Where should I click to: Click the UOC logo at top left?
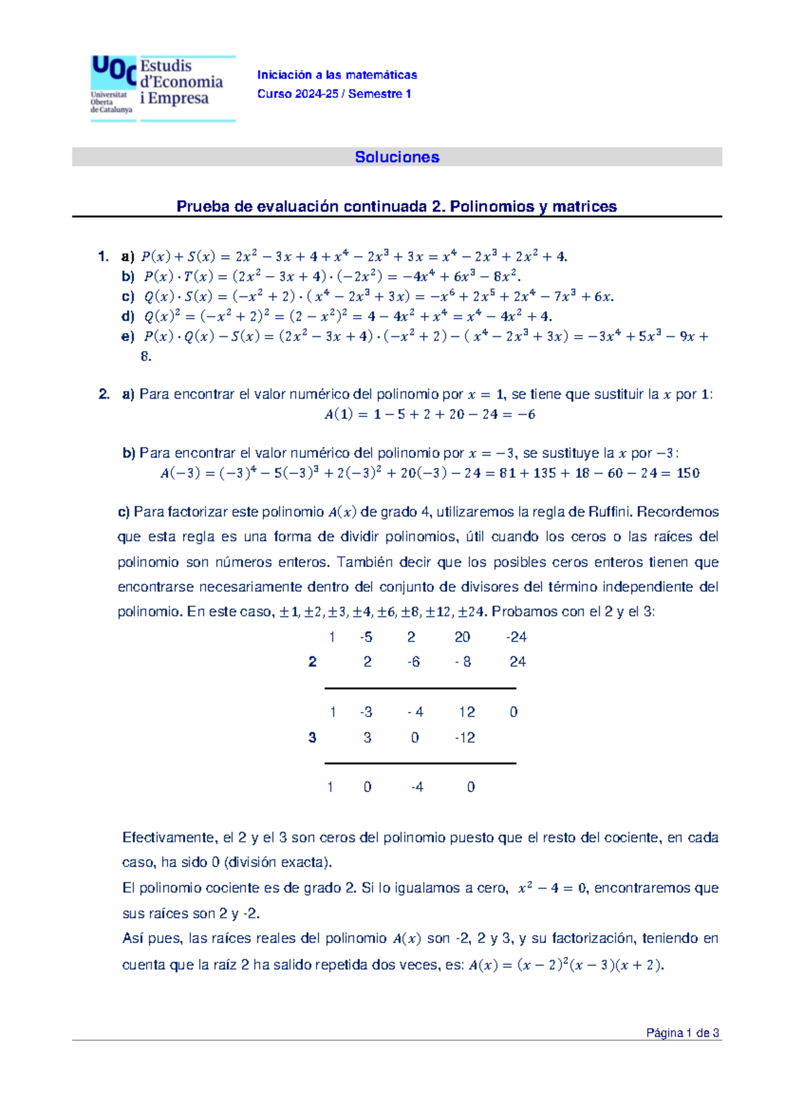(x=113, y=85)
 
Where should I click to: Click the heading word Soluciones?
(x=396, y=157)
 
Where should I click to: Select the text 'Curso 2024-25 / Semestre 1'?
(x=334, y=94)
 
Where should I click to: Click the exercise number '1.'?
(x=103, y=257)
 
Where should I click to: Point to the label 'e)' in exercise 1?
(x=128, y=336)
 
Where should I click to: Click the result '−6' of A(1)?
(x=526, y=414)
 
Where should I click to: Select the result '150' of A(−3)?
(x=688, y=473)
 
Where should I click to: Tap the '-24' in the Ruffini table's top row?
(x=516, y=637)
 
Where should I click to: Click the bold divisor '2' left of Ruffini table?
(x=312, y=662)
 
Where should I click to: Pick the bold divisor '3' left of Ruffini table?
(x=312, y=738)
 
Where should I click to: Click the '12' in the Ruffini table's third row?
(x=466, y=712)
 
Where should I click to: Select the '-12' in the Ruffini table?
(x=465, y=738)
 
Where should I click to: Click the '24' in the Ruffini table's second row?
(x=517, y=662)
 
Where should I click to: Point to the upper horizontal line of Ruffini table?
(x=420, y=688)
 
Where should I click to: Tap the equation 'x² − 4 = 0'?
(x=552, y=888)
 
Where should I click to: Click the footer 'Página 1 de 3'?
(x=682, y=1033)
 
